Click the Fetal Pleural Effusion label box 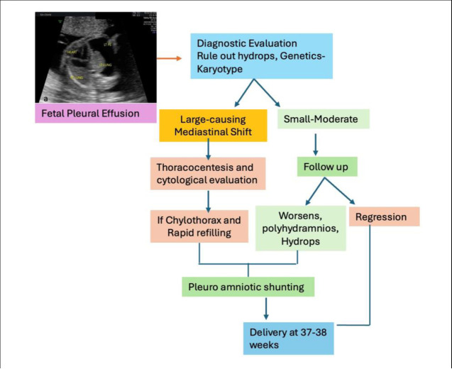(97, 114)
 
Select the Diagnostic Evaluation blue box (264, 55)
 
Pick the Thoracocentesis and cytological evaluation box (206, 174)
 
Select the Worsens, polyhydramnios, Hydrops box (300, 228)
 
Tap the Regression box (384, 216)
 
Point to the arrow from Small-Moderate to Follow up (315, 143)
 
